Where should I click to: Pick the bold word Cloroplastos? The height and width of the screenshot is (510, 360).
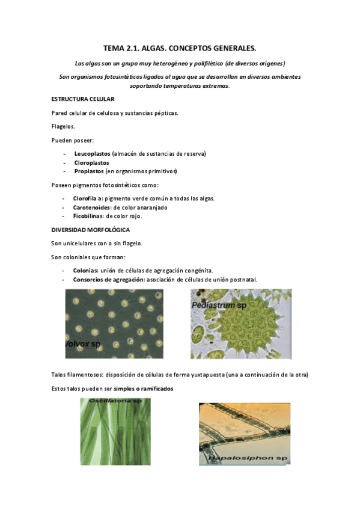[91, 162]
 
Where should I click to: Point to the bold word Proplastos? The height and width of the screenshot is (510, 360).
[89, 171]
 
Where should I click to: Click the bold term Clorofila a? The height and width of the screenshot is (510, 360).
[88, 198]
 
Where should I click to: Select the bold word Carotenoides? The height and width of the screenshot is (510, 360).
[92, 207]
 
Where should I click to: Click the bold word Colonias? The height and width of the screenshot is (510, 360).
[85, 271]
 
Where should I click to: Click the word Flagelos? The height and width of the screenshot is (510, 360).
[64, 126]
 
